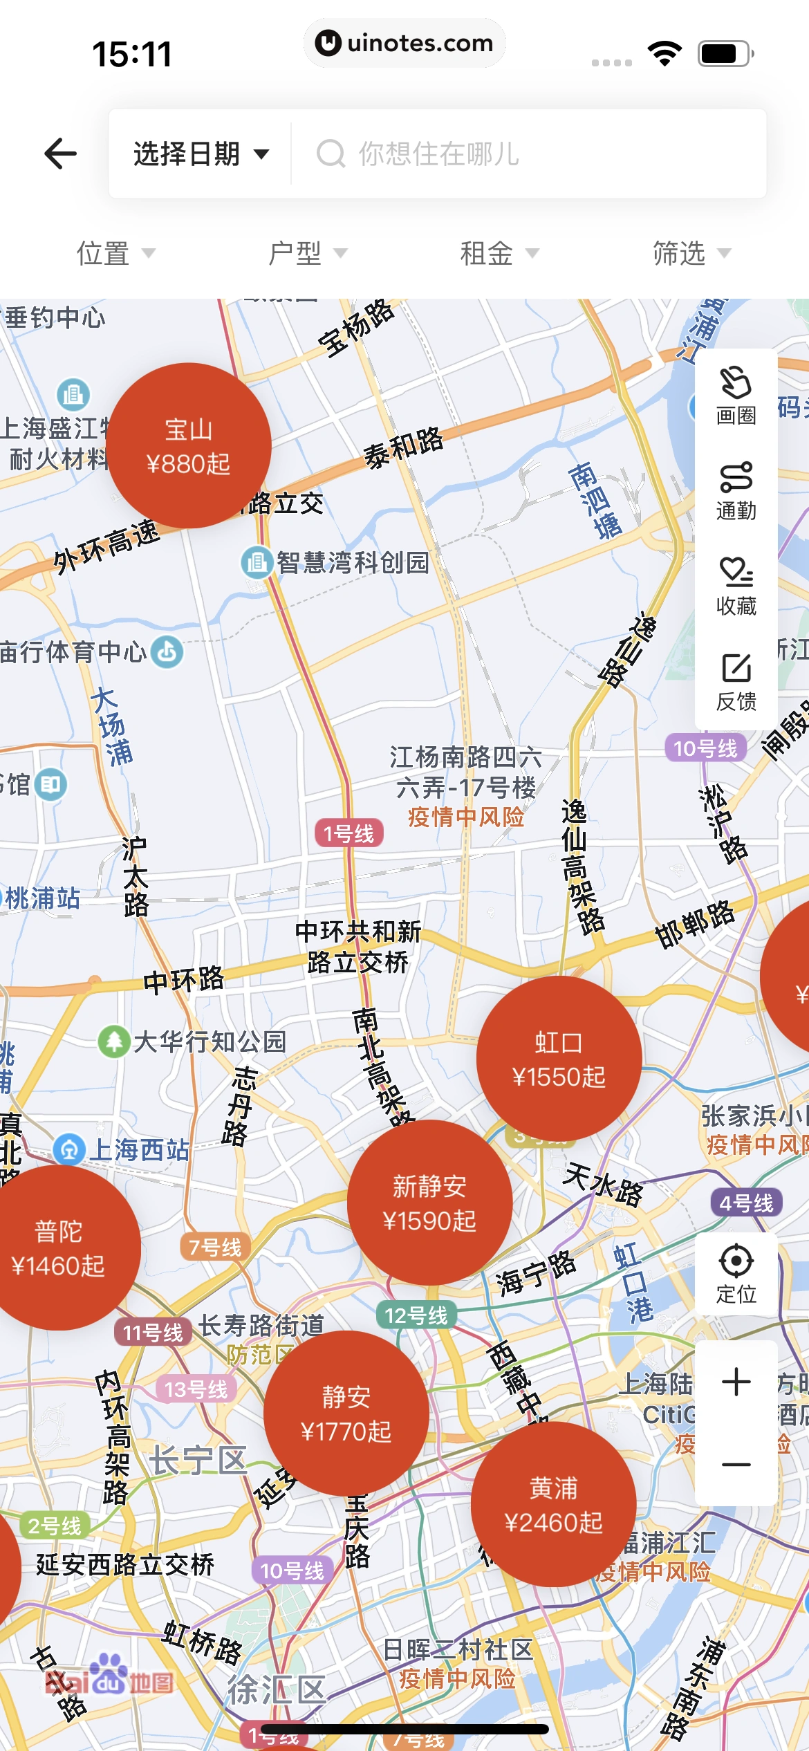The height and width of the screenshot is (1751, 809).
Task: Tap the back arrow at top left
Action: click(61, 154)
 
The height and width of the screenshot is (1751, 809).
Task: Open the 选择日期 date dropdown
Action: click(201, 154)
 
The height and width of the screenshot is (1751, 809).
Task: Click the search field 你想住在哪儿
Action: click(526, 154)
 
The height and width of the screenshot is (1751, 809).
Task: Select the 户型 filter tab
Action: click(307, 254)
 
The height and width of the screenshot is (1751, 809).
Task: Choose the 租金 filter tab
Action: click(499, 254)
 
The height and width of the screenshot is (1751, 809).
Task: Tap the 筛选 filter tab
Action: click(691, 254)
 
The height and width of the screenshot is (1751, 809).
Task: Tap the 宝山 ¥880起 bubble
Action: click(188, 446)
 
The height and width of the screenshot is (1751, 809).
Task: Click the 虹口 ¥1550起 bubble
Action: click(559, 1059)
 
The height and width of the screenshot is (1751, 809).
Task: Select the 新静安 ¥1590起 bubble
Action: click(429, 1203)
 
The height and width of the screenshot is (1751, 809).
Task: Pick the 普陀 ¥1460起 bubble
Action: click(59, 1248)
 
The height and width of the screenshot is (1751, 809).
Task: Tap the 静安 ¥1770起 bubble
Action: click(346, 1413)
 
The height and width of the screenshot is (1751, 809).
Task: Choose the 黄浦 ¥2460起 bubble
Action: click(553, 1504)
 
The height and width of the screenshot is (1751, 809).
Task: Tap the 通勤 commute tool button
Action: click(736, 491)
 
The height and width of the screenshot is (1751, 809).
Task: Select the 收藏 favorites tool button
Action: click(736, 586)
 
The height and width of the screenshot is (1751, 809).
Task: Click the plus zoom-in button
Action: click(736, 1382)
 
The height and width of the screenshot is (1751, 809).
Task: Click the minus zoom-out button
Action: click(736, 1464)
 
